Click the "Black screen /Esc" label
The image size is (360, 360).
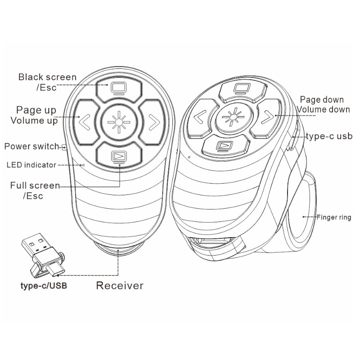[x=47, y=82]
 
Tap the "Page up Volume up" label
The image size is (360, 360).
[x=36, y=115]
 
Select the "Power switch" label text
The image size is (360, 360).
[x=31, y=146]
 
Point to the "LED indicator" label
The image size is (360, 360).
[x=31, y=165]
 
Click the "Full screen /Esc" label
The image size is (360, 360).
[x=35, y=190]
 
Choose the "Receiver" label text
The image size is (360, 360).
[x=120, y=285]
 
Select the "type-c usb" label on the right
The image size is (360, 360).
[x=329, y=136]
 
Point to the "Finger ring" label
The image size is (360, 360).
[x=333, y=217]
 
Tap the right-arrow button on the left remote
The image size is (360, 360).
[x=152, y=121]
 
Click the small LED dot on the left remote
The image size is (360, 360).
[x=83, y=165]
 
